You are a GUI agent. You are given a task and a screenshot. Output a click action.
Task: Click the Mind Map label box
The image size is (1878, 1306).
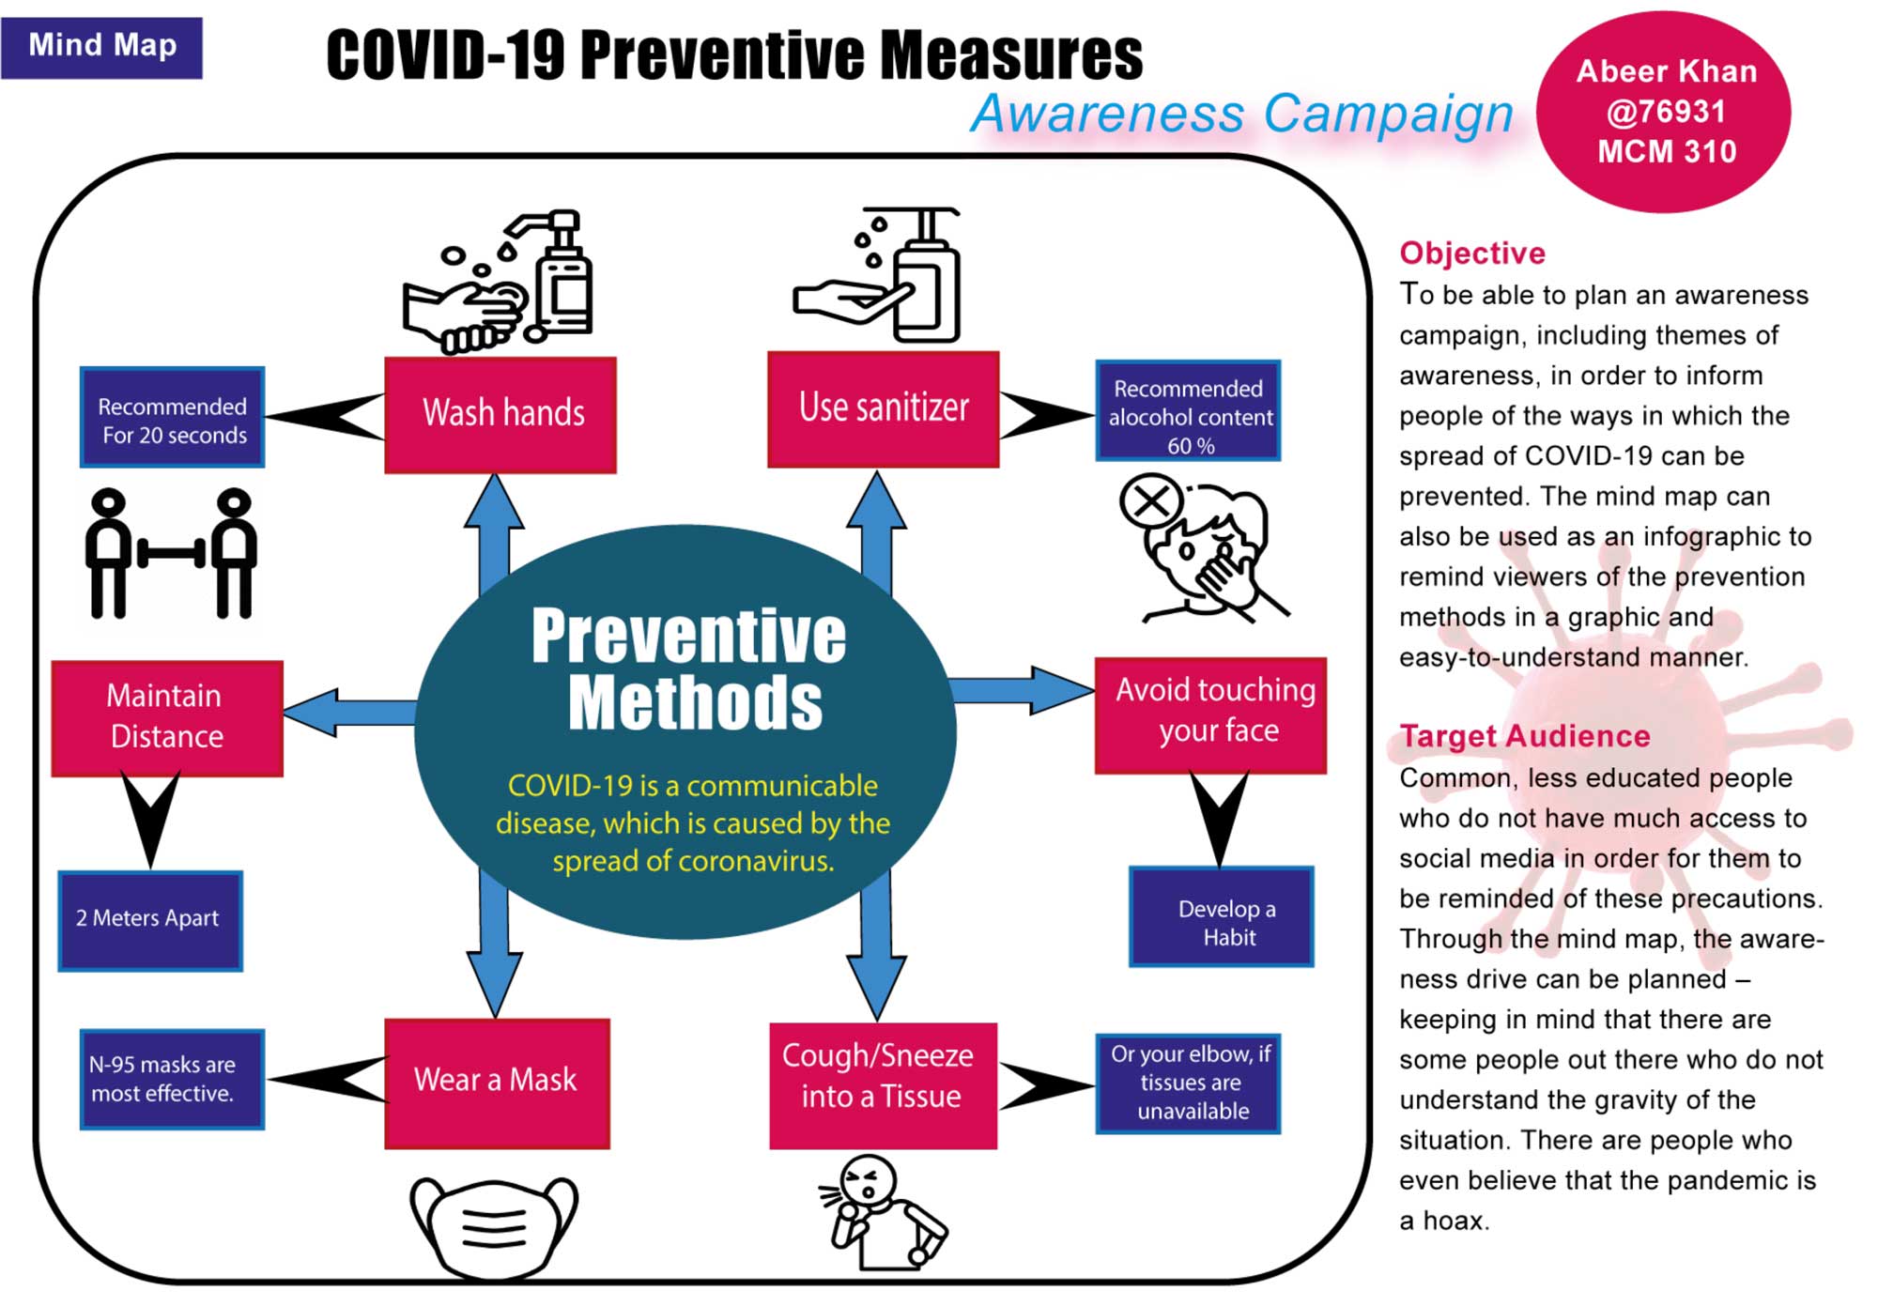(x=101, y=47)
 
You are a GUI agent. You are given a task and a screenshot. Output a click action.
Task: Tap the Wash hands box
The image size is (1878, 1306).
(x=500, y=414)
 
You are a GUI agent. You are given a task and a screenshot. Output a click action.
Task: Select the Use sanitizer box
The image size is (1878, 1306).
(x=883, y=408)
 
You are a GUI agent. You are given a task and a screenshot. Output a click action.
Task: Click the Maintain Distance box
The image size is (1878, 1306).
(x=167, y=717)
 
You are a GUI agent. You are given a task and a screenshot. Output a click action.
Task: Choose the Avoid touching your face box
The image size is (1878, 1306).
(x=1210, y=714)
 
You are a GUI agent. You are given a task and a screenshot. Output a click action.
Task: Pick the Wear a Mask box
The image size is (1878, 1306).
(x=497, y=1083)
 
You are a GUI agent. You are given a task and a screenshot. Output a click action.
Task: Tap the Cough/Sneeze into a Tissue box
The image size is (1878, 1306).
(x=883, y=1084)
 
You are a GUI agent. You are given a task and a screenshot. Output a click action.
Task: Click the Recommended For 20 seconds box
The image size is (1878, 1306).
(x=173, y=417)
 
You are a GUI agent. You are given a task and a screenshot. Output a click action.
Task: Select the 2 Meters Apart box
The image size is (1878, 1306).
(x=150, y=919)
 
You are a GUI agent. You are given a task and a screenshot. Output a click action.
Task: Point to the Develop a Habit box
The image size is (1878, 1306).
(x=1221, y=916)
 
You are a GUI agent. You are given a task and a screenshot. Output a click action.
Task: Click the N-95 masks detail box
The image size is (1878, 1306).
(x=172, y=1079)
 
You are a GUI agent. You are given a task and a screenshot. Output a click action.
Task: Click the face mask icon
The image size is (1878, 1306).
(x=494, y=1226)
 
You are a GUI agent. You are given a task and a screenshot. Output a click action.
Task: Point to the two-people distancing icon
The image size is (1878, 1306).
(x=171, y=554)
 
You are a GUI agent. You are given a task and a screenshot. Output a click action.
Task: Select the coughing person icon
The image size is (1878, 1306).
(x=883, y=1211)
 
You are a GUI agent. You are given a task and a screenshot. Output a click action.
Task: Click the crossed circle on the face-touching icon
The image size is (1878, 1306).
(x=1150, y=502)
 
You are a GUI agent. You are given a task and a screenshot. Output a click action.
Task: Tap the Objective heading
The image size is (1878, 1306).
(x=1471, y=254)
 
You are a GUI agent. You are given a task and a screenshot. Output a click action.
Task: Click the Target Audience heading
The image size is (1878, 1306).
(x=1524, y=736)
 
